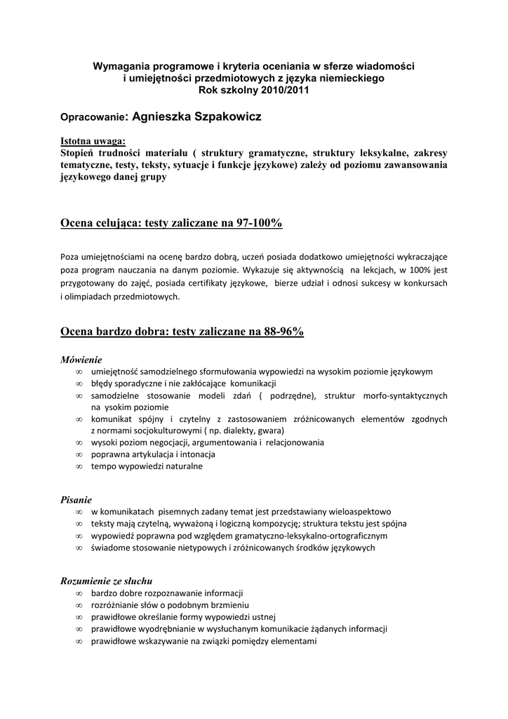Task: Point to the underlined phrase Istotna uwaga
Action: tap(93, 140)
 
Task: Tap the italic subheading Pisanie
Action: tap(76, 500)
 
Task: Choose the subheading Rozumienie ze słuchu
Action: tap(107, 581)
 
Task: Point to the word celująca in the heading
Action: tap(118, 223)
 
